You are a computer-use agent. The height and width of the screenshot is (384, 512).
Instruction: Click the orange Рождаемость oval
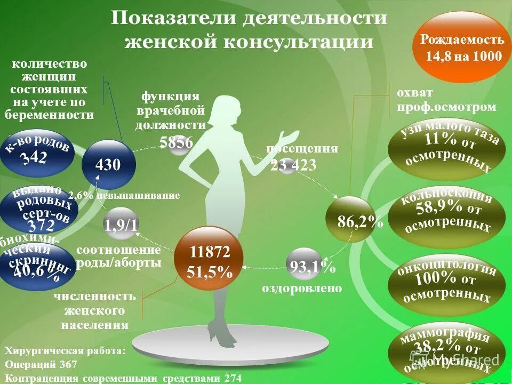[x=462, y=47]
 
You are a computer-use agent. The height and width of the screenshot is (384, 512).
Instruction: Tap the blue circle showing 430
[x=109, y=164]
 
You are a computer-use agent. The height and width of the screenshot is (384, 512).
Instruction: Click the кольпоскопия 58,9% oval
[x=447, y=214]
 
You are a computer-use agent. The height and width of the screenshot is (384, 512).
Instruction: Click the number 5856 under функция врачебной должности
[x=176, y=142]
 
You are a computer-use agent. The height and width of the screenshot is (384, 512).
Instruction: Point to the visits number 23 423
[x=293, y=165]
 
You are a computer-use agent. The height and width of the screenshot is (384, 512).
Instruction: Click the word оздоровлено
[x=301, y=288]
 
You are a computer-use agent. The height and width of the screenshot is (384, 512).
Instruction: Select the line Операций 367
[x=41, y=365]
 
